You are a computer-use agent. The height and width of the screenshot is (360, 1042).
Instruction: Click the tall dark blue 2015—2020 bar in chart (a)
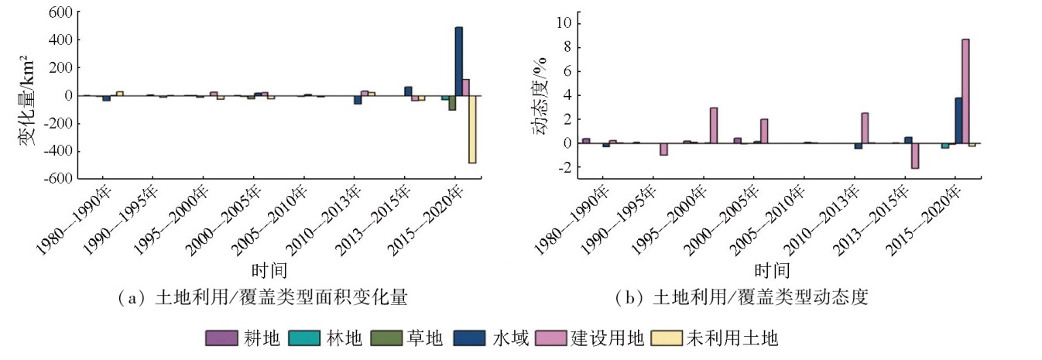coord(459,61)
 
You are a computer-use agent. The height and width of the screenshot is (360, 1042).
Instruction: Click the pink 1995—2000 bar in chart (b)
coord(713,125)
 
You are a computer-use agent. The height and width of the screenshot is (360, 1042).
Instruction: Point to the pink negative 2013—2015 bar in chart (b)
coord(914,156)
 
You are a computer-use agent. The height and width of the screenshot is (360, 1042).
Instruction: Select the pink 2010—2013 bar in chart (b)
coord(864,128)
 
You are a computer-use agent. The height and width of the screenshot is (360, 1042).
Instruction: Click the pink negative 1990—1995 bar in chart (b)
coord(663,149)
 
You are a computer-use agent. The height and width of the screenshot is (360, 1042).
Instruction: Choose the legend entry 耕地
coord(244,338)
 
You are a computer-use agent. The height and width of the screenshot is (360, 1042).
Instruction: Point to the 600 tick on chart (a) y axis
coord(63,13)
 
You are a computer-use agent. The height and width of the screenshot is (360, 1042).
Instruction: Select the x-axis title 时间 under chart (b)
coord(771,270)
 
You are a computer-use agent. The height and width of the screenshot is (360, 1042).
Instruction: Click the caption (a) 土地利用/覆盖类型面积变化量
coord(262,298)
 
